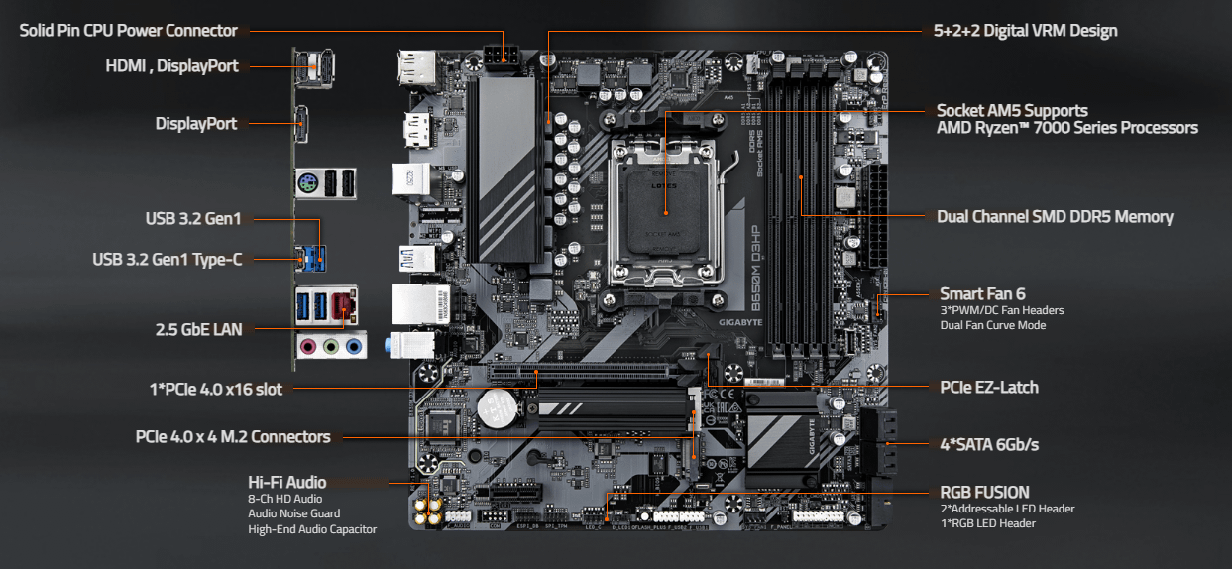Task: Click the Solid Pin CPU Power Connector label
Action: click(x=129, y=31)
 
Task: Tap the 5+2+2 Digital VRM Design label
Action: click(x=1026, y=31)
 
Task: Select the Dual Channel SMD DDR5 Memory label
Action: click(x=1055, y=216)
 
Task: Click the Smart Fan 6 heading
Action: click(x=982, y=293)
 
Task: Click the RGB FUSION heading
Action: click(x=984, y=492)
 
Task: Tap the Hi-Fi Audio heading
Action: click(x=286, y=483)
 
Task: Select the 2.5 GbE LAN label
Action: click(x=198, y=329)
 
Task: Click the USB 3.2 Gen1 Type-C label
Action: click(x=168, y=260)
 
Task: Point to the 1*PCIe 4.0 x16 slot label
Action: click(x=215, y=389)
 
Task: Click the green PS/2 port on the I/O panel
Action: click(x=308, y=183)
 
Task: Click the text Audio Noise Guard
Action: click(x=293, y=513)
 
